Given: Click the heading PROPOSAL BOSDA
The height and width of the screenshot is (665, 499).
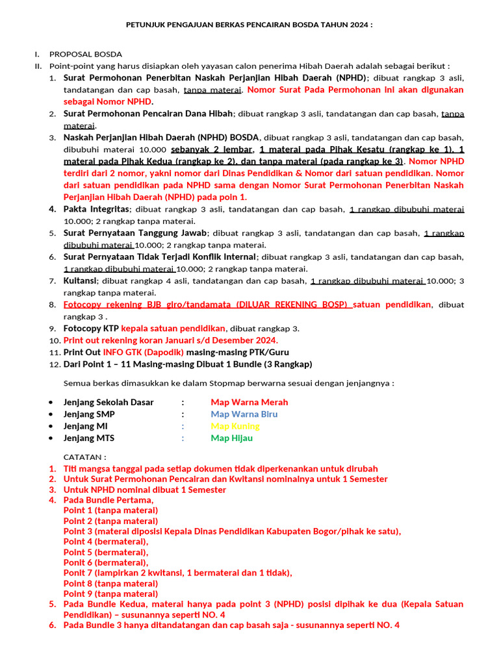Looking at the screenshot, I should click(85, 54).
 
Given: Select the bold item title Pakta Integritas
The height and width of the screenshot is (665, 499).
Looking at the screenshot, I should click(96, 209).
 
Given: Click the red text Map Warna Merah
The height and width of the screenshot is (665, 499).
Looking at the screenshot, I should click(249, 402).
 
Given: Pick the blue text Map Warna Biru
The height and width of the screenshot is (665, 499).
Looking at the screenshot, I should click(244, 414).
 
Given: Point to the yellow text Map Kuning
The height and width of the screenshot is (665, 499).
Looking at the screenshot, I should click(235, 426).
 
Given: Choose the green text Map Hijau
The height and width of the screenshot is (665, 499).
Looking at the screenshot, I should click(231, 438).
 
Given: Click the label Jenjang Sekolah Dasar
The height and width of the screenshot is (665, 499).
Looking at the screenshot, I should click(109, 402).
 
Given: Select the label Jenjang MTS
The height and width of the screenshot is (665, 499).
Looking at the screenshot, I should click(88, 438).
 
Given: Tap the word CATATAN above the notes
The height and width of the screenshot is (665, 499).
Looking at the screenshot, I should click(84, 457).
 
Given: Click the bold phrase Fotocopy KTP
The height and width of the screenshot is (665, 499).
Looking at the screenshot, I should click(91, 328).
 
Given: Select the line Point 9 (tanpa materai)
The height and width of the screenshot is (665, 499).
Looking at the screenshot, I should click(110, 593).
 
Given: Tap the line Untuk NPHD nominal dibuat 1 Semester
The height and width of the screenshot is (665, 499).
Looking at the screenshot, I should click(144, 489).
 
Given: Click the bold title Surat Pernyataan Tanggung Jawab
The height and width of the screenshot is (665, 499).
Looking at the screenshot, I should click(135, 233).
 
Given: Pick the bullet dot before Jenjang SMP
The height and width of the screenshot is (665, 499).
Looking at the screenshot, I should click(51, 414).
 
